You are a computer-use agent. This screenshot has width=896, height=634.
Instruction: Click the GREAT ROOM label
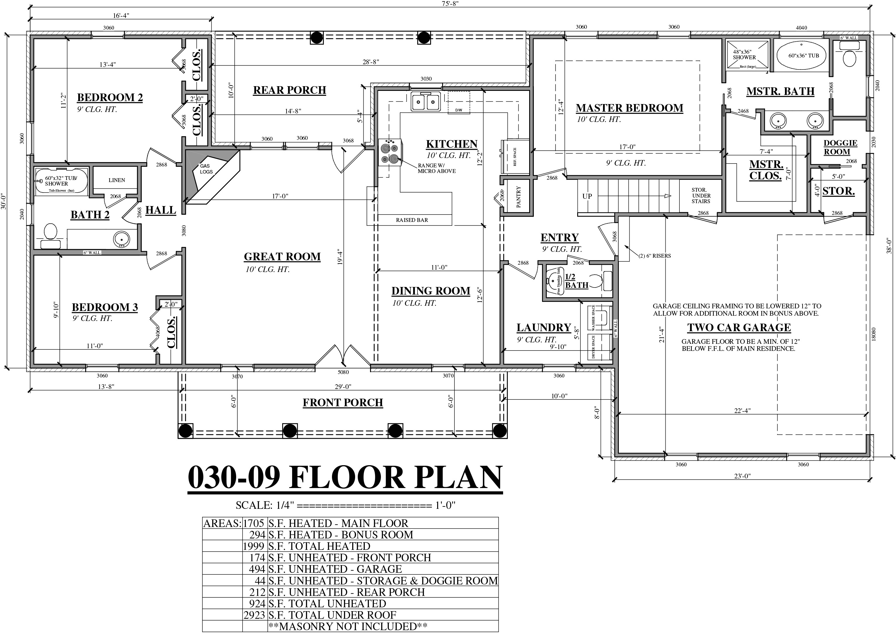click(x=282, y=256)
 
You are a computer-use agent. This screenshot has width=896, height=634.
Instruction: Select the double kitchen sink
click(x=425, y=102)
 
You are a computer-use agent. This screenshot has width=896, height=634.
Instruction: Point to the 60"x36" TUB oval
click(x=803, y=56)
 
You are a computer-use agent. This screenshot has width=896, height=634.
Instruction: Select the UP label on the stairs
click(x=587, y=196)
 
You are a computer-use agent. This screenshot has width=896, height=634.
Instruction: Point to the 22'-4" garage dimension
click(x=742, y=410)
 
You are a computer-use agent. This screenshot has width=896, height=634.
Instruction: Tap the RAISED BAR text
click(x=412, y=220)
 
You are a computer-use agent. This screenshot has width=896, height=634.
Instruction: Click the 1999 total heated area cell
click(x=254, y=546)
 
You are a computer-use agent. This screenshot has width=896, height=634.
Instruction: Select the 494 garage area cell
click(x=257, y=569)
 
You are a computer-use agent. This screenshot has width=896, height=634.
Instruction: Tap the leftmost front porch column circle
click(x=185, y=431)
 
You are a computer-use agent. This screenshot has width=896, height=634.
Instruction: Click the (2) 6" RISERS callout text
click(x=655, y=256)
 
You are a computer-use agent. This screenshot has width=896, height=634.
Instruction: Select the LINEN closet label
click(x=117, y=180)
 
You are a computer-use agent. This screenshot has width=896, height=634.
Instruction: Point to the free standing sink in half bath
click(x=554, y=280)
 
